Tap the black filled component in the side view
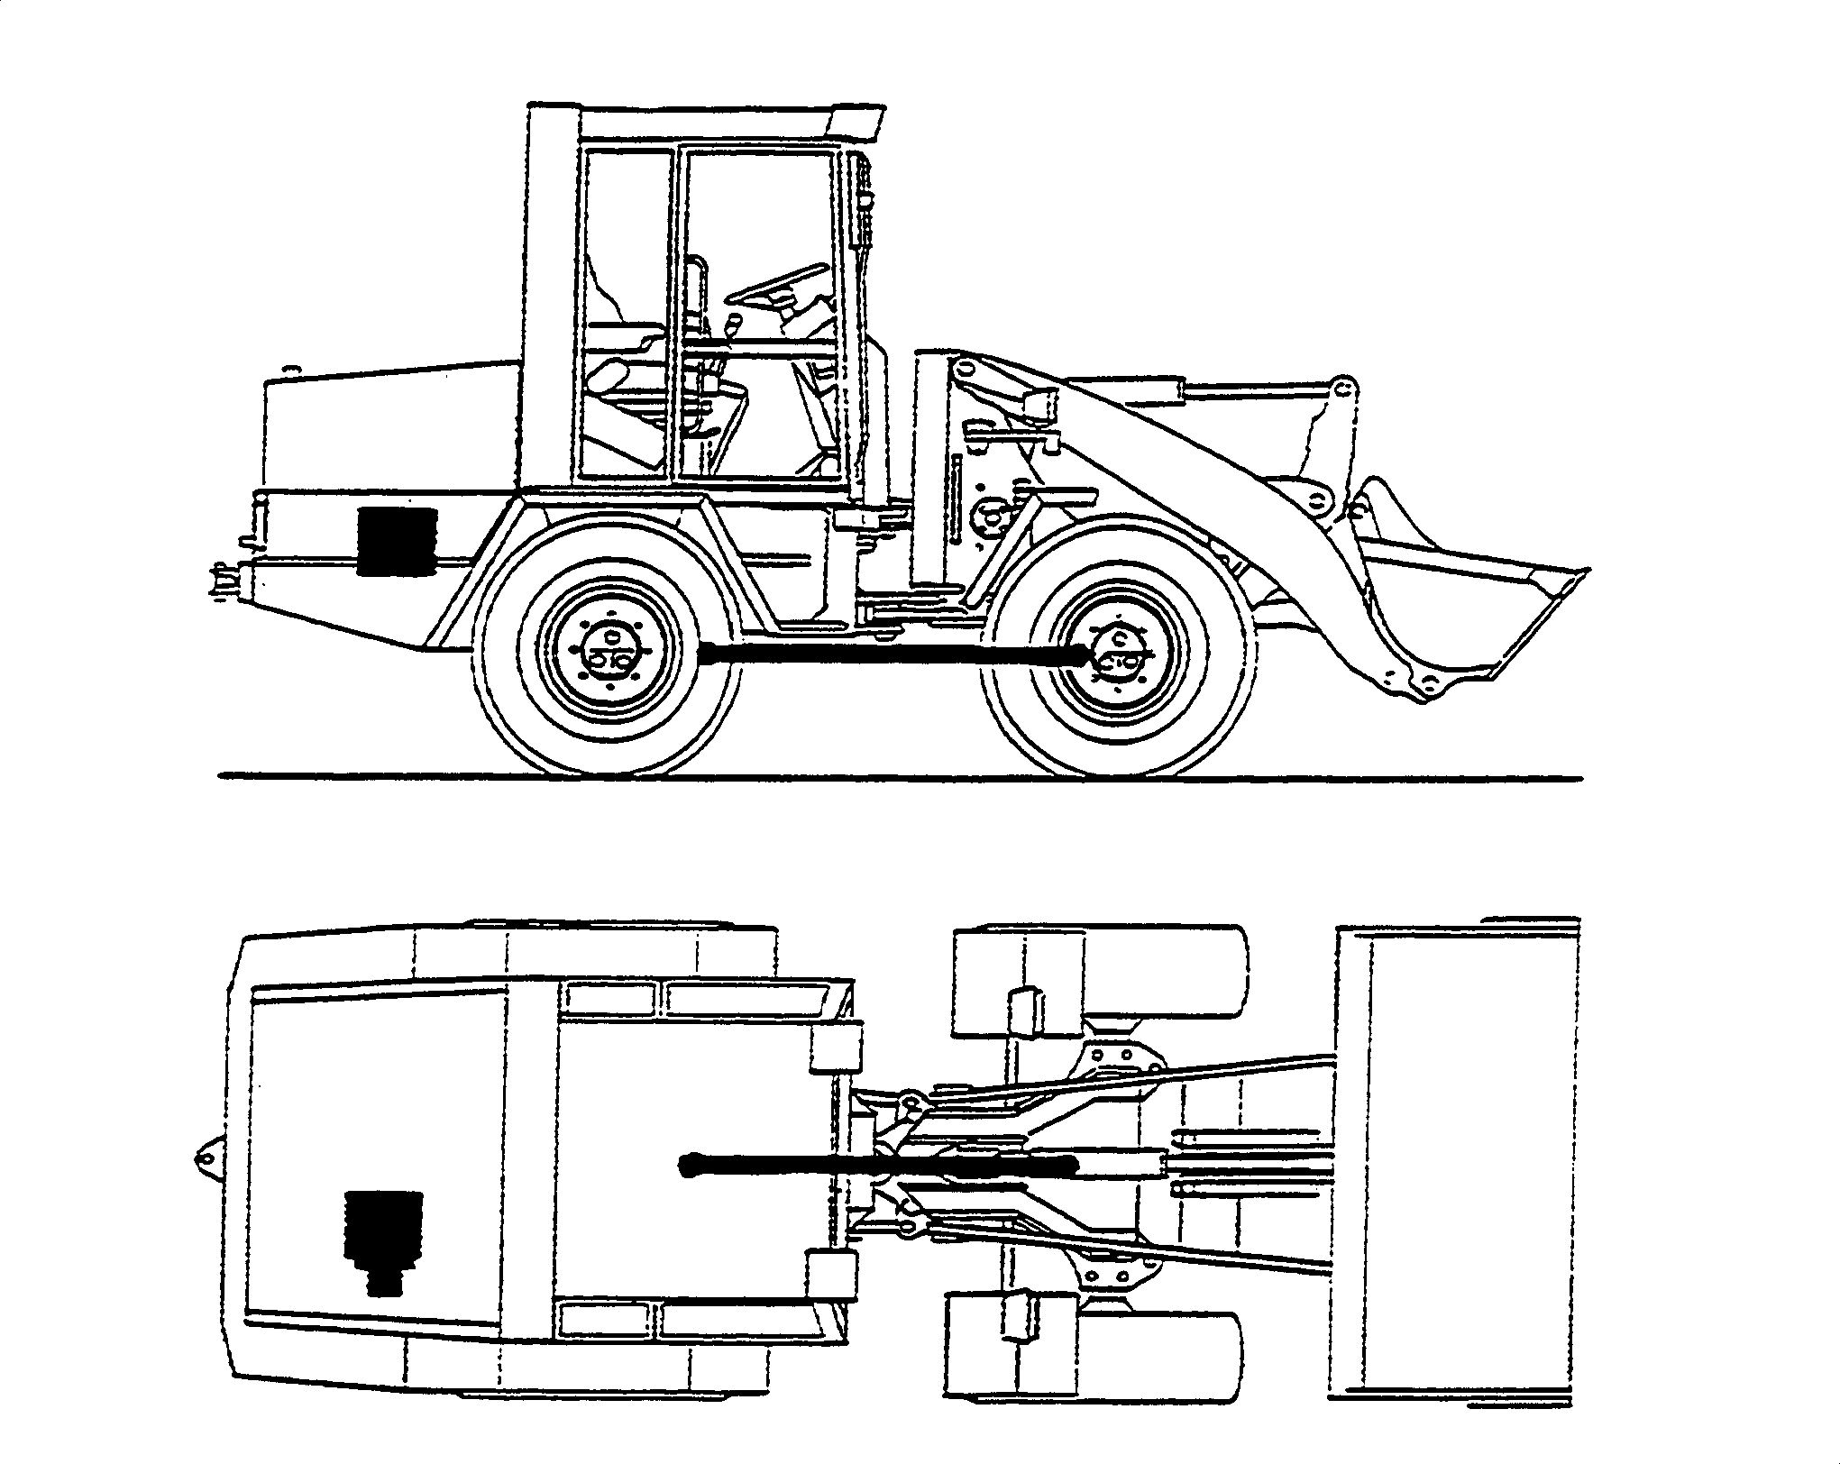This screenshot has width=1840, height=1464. [x=396, y=541]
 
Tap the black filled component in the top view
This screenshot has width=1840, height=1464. [x=384, y=1239]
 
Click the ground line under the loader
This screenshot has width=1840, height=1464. [x=902, y=776]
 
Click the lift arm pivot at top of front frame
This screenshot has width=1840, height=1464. [x=966, y=369]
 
